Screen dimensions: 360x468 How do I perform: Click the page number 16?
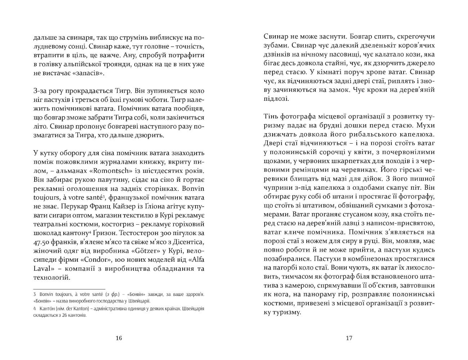(x=119, y=338)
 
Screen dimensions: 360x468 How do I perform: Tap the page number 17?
(x=348, y=338)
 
